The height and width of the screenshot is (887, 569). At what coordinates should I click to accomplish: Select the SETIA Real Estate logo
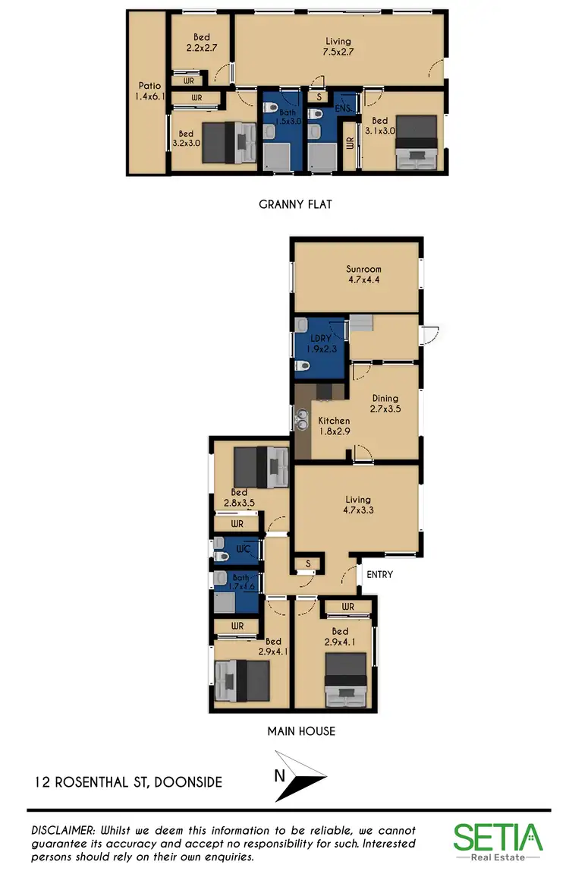(x=498, y=841)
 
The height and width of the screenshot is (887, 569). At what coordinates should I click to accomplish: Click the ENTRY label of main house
(x=379, y=574)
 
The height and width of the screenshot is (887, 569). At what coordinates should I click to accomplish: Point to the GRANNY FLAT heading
(x=295, y=204)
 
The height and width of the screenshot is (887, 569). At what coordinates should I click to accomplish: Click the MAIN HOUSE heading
(x=301, y=731)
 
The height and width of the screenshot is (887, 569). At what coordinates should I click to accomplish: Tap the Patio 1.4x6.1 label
(x=147, y=91)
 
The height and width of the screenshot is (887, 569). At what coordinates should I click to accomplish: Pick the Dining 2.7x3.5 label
(x=385, y=403)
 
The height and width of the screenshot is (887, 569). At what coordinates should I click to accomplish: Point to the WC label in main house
(x=243, y=548)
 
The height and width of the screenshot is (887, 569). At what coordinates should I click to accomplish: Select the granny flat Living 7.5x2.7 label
(x=338, y=46)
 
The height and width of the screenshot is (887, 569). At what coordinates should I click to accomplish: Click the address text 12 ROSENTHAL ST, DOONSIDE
(x=128, y=781)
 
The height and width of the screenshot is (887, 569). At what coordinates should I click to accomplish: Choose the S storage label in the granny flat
(x=319, y=97)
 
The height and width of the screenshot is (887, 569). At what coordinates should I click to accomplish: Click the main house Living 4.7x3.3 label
(x=357, y=505)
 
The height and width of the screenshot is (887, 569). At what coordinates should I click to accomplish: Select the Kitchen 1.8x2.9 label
(x=334, y=426)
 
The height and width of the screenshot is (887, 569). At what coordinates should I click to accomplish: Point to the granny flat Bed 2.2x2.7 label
(x=201, y=41)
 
